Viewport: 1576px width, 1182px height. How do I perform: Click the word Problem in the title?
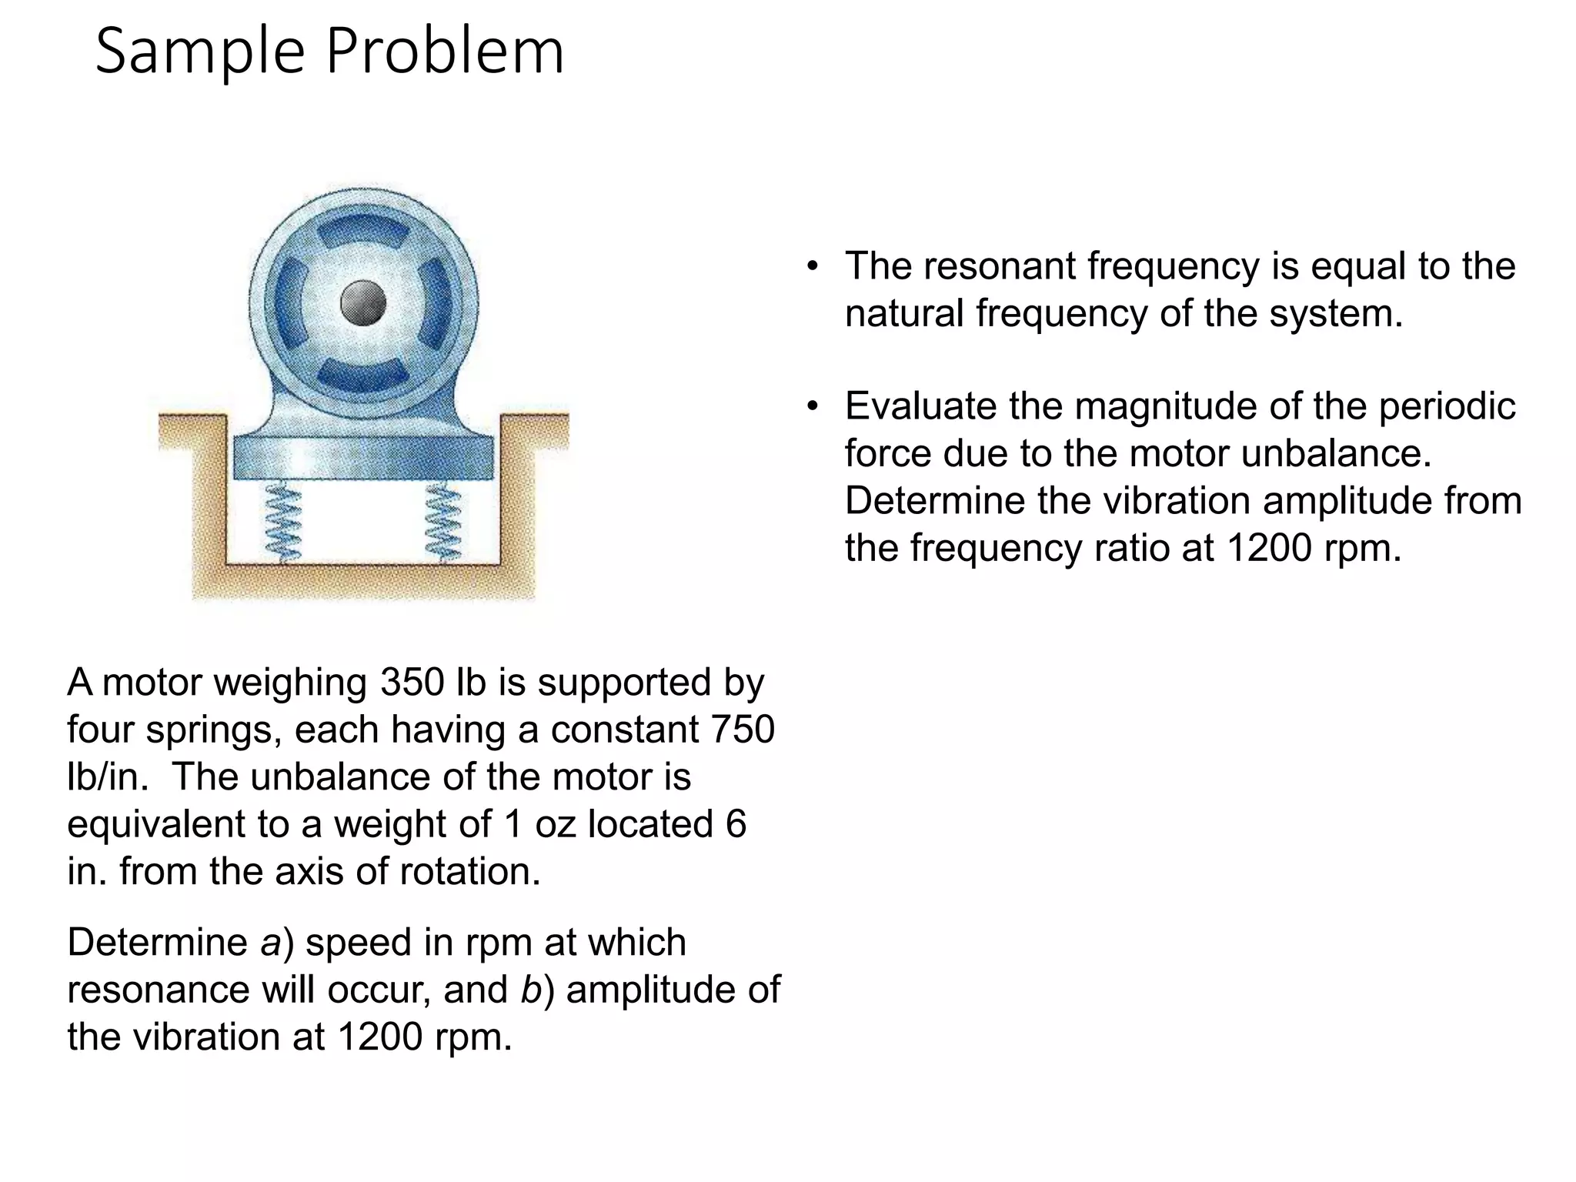coord(445,52)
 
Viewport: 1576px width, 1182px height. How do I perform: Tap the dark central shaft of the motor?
coord(362,302)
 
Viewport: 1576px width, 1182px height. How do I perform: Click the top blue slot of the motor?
coord(362,230)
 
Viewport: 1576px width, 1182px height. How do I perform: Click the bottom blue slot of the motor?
coord(362,374)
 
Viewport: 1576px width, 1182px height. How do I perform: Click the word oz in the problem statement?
coord(556,824)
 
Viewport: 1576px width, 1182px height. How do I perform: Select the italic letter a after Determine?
coord(271,943)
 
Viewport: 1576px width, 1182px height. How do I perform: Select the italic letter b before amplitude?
coord(531,990)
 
